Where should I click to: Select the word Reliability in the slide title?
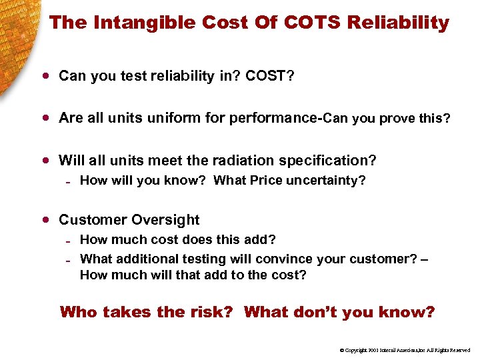click(398, 23)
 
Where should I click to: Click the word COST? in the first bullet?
click(270, 77)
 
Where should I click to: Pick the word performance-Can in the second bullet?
click(280, 119)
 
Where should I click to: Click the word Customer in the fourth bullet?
click(93, 220)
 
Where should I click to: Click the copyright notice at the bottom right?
click(405, 350)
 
